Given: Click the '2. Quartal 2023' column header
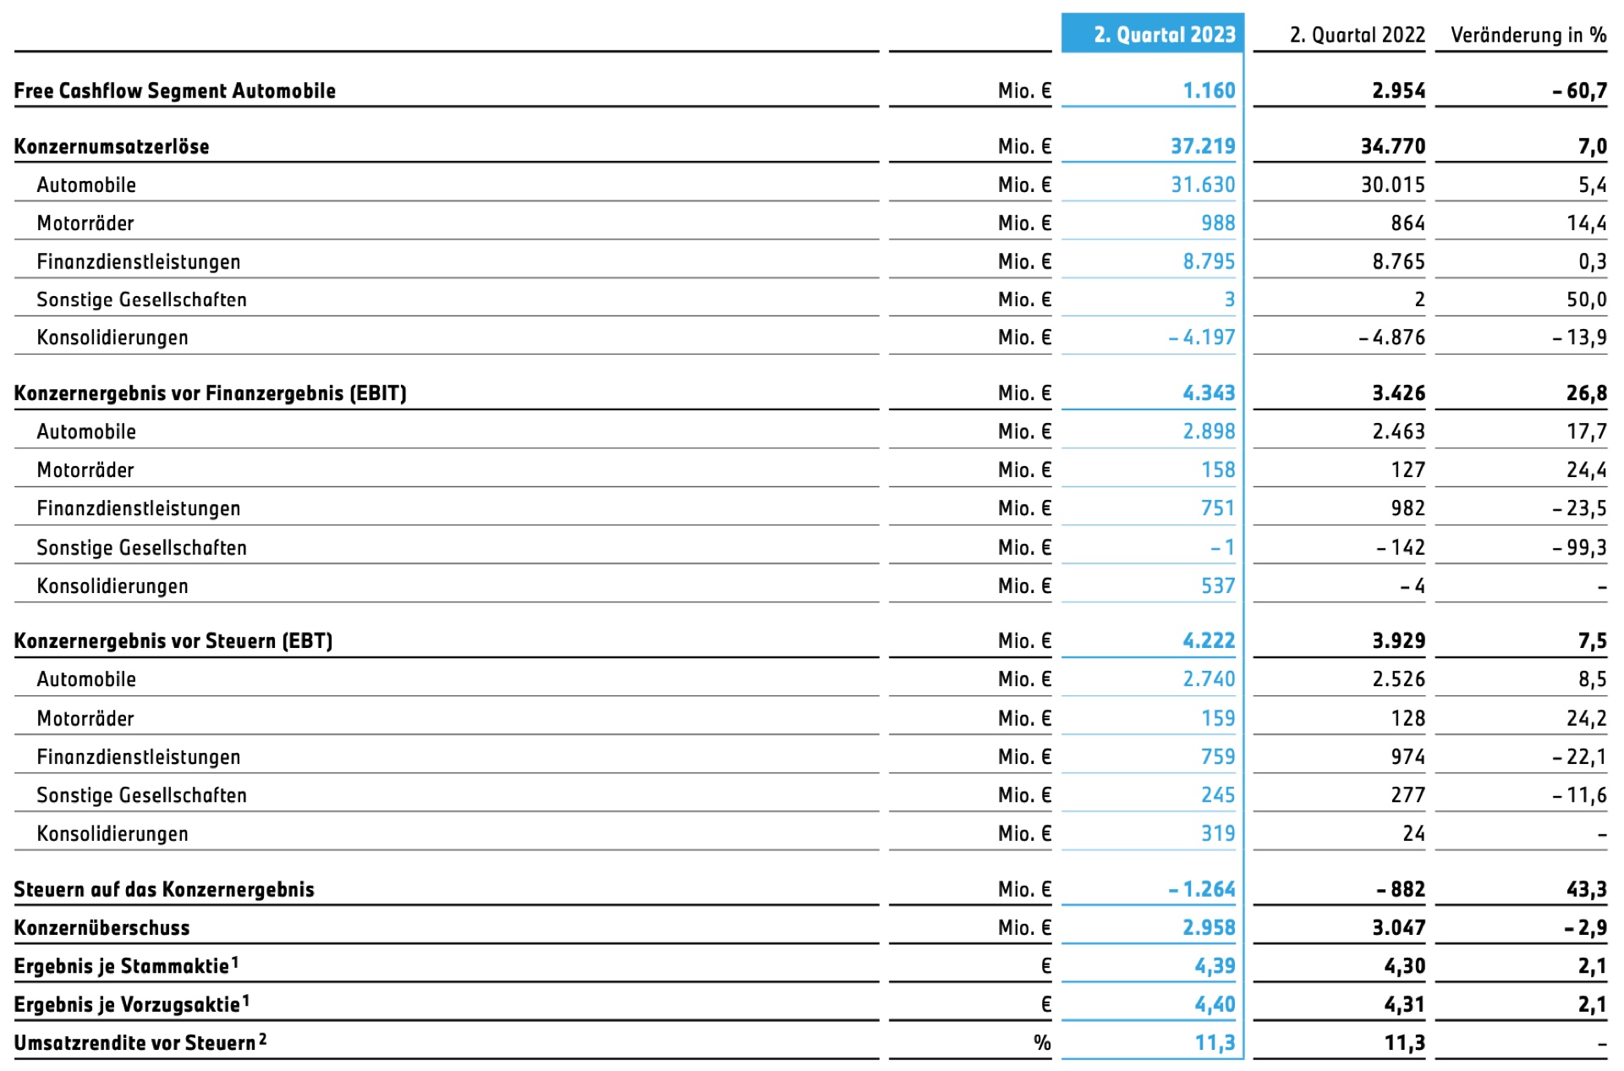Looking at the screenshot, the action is click(x=1164, y=35).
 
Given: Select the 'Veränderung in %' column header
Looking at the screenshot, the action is click(x=1528, y=35).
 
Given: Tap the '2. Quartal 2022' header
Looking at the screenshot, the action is click(x=1357, y=35).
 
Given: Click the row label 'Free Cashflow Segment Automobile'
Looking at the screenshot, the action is click(x=175, y=91).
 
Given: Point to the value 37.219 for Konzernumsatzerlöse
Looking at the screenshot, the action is click(x=1203, y=146).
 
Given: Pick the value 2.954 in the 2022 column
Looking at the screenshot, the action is click(x=1398, y=91).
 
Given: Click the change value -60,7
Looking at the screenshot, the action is click(x=1579, y=91).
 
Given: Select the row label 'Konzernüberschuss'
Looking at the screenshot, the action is click(x=102, y=928).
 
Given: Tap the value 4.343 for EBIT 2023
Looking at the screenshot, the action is click(x=1209, y=393).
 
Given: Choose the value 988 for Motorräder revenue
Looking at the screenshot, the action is click(x=1218, y=223).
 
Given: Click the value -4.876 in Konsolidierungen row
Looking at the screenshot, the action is click(x=1391, y=338).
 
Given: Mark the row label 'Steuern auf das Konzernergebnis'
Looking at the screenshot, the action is click(x=164, y=889).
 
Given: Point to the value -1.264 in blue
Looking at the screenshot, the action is click(x=1201, y=889).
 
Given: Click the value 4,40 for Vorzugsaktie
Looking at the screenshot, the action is click(x=1215, y=1004).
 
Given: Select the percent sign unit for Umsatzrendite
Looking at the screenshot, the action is click(x=1042, y=1043).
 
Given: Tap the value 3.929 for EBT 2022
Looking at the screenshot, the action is click(x=1398, y=641).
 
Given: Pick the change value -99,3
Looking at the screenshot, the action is click(x=1579, y=548).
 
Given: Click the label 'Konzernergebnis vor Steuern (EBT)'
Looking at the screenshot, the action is click(x=173, y=641).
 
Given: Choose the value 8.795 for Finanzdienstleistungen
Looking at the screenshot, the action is click(x=1209, y=261).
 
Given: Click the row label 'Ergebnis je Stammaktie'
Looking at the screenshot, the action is click(x=126, y=965).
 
